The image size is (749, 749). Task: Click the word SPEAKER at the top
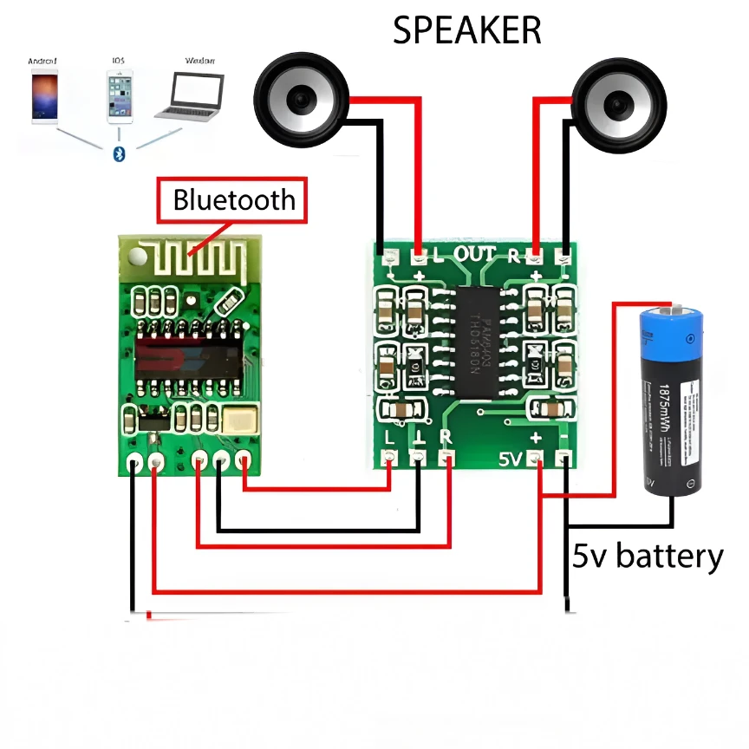[466, 30]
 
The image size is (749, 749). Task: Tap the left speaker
[301, 100]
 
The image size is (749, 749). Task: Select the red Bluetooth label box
[233, 200]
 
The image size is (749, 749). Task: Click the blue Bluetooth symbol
[120, 153]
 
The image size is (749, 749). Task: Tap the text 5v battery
[647, 556]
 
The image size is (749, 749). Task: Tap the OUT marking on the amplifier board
[475, 254]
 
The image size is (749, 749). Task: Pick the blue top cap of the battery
[669, 329]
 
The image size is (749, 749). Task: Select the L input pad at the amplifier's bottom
[389, 456]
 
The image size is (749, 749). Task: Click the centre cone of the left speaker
[301, 101]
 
